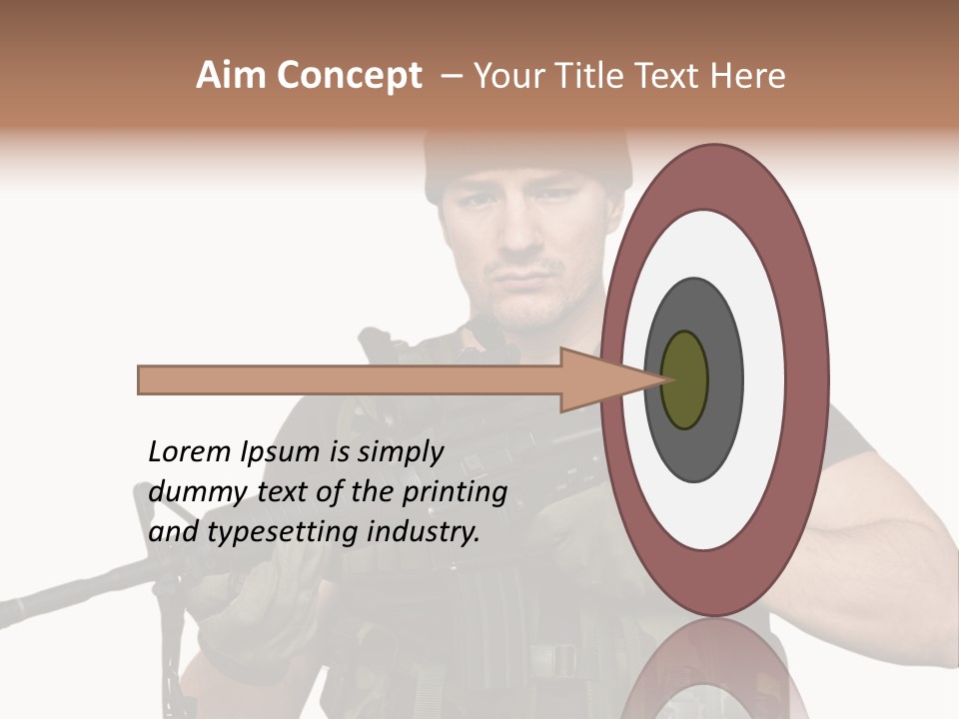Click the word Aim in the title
tap(232, 76)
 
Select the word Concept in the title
tap(348, 76)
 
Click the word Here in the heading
tap(748, 76)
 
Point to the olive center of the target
tap(685, 379)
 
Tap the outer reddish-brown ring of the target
tap(809, 379)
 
